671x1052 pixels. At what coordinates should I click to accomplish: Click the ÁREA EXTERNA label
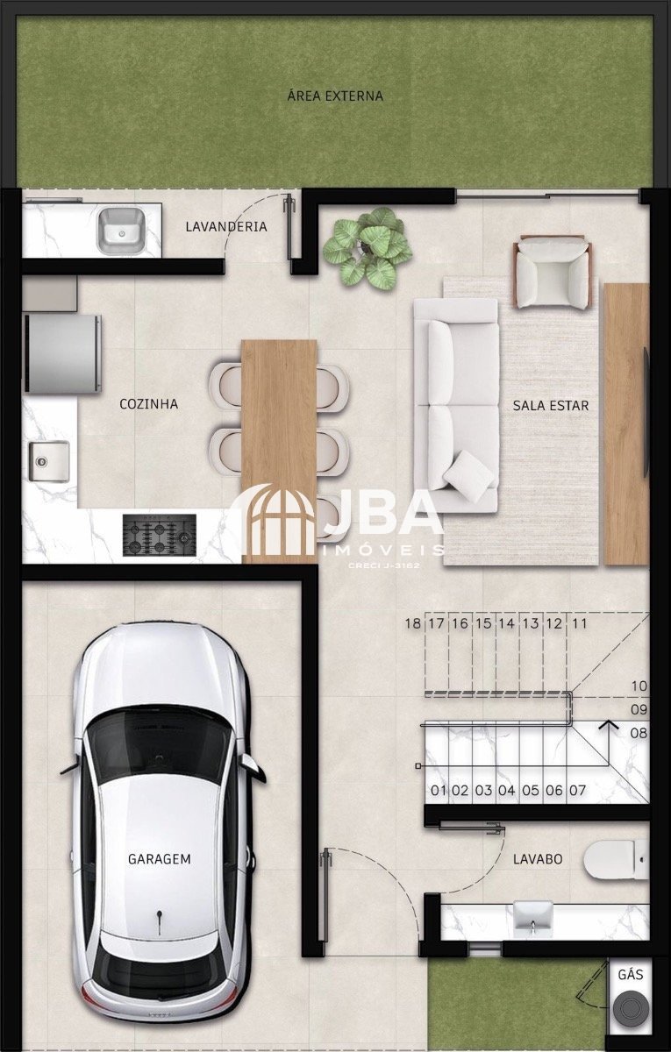click(x=335, y=96)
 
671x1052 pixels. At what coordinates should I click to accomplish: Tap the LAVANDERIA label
click(x=226, y=226)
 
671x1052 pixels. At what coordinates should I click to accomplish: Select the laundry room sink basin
click(x=120, y=231)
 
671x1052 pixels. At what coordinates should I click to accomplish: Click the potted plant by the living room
click(x=368, y=248)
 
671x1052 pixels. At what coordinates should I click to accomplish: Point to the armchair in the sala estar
click(x=553, y=273)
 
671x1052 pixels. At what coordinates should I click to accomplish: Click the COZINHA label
click(x=148, y=404)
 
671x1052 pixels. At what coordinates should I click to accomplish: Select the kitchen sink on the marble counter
click(x=49, y=461)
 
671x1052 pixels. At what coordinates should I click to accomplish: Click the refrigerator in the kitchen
click(x=62, y=353)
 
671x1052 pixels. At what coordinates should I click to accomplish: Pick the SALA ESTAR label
click(x=550, y=405)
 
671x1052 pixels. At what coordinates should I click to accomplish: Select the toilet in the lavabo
click(x=617, y=860)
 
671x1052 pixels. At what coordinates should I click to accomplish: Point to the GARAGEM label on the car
click(x=160, y=859)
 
